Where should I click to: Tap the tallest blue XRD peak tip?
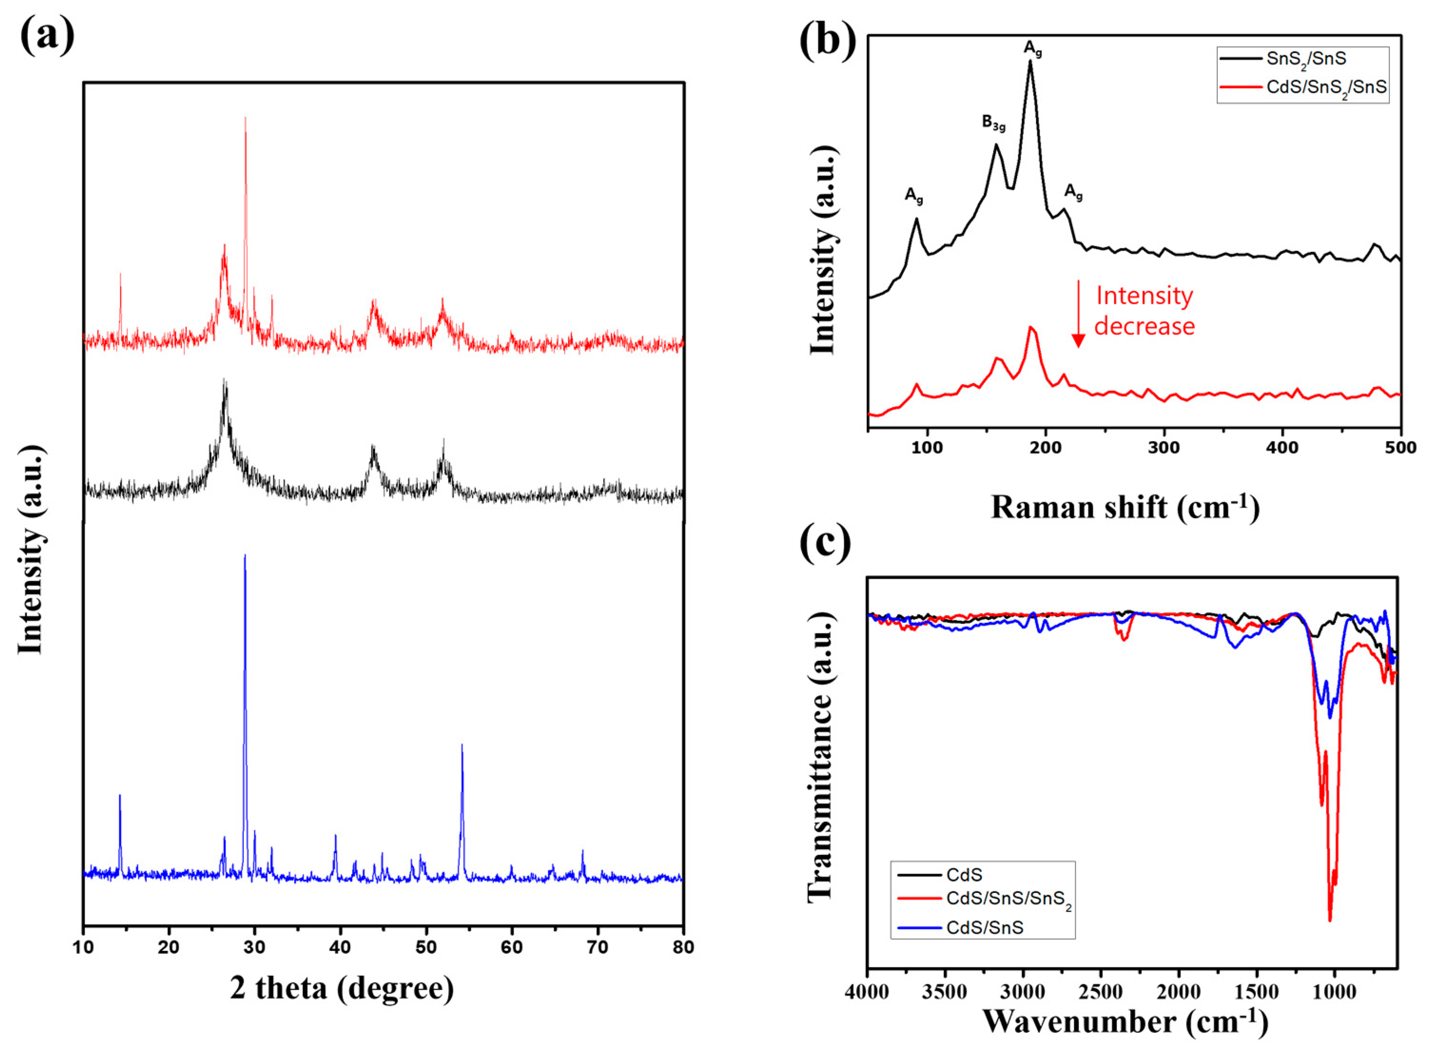point(245,555)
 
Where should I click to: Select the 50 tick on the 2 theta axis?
point(426,947)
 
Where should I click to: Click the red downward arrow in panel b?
point(1078,314)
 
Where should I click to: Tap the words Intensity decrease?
point(1144,311)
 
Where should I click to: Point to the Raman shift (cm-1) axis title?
point(1125,507)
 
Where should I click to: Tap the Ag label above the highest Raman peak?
point(1032,49)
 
